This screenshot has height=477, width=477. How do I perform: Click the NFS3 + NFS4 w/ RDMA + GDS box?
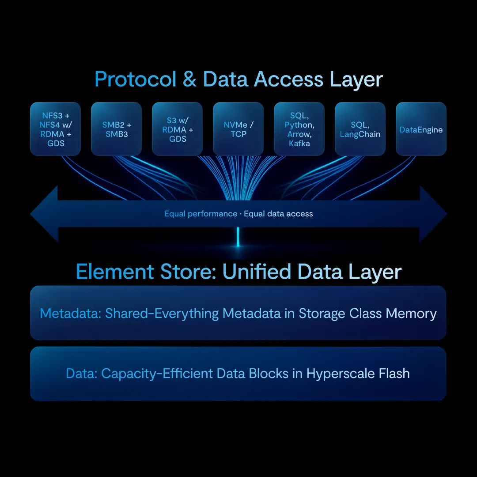pyautogui.click(x=56, y=129)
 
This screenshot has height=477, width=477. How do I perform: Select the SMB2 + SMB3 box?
pyautogui.click(x=116, y=129)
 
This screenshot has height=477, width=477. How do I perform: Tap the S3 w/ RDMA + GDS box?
pyautogui.click(x=177, y=129)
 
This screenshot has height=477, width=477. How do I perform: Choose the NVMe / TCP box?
pyautogui.click(x=238, y=129)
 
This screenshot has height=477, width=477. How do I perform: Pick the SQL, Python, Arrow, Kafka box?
pyautogui.click(x=299, y=129)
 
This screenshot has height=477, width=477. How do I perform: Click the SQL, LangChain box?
pyautogui.click(x=360, y=129)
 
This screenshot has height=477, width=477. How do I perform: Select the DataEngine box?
pyautogui.click(x=421, y=129)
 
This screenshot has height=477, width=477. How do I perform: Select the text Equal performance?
pyautogui.click(x=201, y=214)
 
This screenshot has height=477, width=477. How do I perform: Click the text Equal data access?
pyautogui.click(x=278, y=214)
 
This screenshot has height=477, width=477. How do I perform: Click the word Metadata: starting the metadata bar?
pyautogui.click(x=70, y=313)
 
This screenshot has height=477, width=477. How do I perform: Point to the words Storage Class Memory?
pyautogui.click(x=367, y=313)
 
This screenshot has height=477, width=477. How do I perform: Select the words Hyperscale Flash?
pyautogui.click(x=358, y=373)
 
